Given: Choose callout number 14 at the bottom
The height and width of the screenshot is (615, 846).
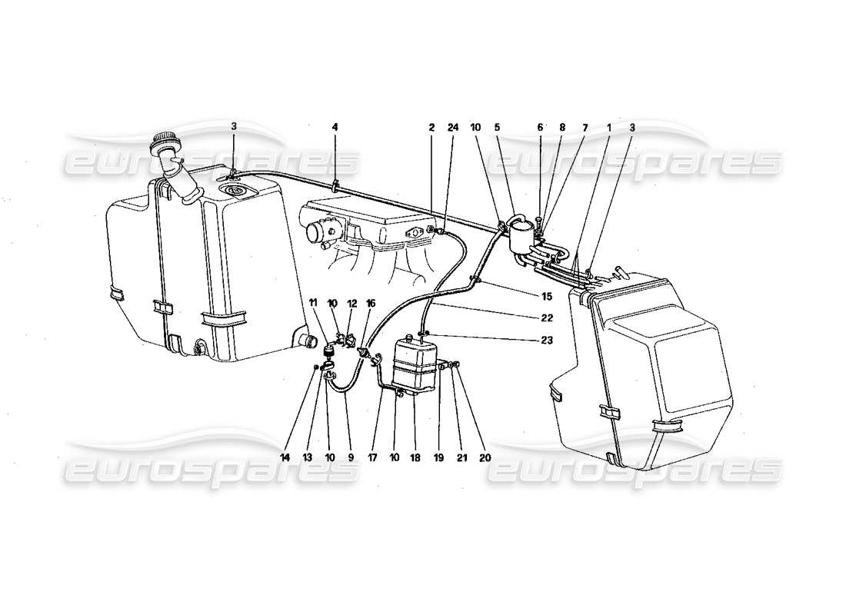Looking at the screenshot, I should click(285, 457).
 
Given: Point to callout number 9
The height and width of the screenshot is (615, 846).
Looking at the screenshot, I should click(351, 457).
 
